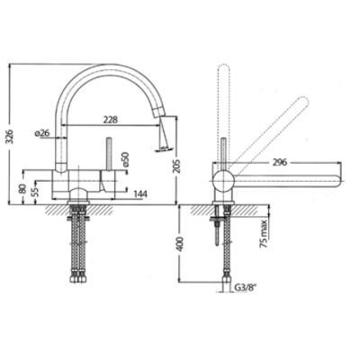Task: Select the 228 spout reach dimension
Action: pos(111,120)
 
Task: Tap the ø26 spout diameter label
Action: pos(42,133)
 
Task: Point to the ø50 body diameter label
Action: pos(125,158)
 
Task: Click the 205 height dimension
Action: pos(177,165)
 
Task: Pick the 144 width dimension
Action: pos(139,194)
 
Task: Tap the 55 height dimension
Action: pos(35,191)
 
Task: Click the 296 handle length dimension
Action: pos(279,162)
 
